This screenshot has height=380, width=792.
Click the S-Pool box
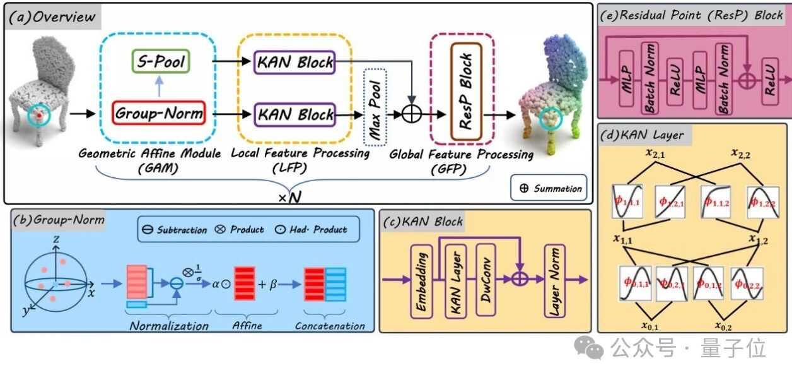pyautogui.click(x=161, y=61)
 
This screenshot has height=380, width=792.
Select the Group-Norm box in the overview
pyautogui.click(x=159, y=113)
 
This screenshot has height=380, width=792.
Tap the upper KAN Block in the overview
pyautogui.click(x=294, y=62)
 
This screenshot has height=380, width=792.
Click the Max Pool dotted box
pyautogui.click(x=375, y=107)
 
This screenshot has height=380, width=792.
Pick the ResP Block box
pyautogui.click(x=466, y=92)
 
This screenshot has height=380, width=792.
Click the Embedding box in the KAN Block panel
pyautogui.click(x=421, y=282)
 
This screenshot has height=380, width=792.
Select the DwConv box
pyautogui.click(x=486, y=280)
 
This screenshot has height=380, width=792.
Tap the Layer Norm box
pyautogui.click(x=554, y=281)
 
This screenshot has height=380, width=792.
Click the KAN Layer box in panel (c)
pyautogui.click(x=455, y=282)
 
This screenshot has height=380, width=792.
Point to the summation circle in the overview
pyautogui.click(x=412, y=114)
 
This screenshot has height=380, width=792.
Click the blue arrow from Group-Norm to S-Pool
pyautogui.click(x=160, y=86)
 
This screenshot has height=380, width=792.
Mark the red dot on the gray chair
pyautogui.click(x=40, y=116)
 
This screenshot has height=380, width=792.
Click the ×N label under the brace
pyautogui.click(x=290, y=197)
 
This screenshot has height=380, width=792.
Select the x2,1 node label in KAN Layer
pyautogui.click(x=655, y=153)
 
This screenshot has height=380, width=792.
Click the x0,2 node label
pyautogui.click(x=723, y=326)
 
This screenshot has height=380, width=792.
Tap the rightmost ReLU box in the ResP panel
pyautogui.click(x=770, y=81)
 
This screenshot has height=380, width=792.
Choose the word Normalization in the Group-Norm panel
pyautogui.click(x=169, y=326)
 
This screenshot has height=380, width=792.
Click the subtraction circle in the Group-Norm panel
pyautogui.click(x=177, y=283)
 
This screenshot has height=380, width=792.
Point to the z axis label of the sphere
pyautogui.click(x=56, y=239)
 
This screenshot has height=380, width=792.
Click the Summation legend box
pyautogui.click(x=549, y=188)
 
